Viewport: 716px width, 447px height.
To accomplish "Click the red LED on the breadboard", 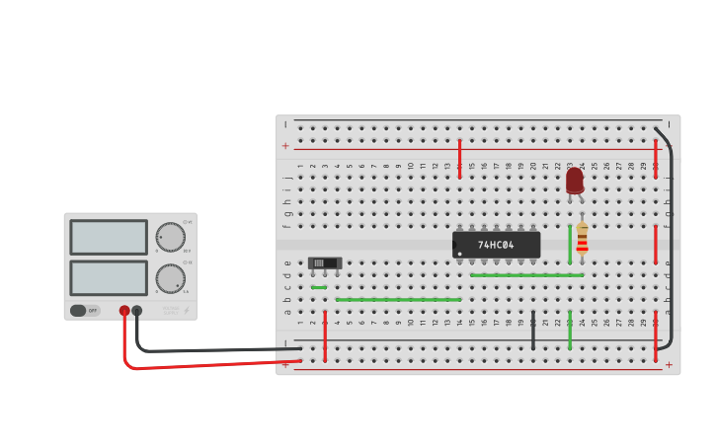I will coord(575,181).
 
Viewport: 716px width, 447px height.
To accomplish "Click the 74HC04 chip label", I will coord(496,245).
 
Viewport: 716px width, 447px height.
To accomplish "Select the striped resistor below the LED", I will coord(582,238).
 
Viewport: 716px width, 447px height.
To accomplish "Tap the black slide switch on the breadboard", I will coord(324,263).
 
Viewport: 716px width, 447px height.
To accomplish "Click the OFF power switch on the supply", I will coord(85,310).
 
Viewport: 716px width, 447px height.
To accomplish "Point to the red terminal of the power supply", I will coord(124,311).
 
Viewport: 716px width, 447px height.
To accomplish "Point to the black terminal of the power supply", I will coord(136,311).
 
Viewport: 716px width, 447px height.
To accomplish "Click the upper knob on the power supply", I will coord(170,237).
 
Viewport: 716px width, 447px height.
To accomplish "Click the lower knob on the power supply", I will coord(170,278).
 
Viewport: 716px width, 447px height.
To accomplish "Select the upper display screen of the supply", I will coord(109,237).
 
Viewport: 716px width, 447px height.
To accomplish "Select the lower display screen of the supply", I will coord(109,277).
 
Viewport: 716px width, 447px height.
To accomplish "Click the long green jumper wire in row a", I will coord(398,299).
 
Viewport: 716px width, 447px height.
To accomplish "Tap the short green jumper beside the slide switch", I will coord(319,287).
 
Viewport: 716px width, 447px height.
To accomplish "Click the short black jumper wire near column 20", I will coord(533,331).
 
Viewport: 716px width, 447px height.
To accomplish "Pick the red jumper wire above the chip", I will coord(459,158).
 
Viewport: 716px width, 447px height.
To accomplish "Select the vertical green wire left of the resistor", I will coord(570,244).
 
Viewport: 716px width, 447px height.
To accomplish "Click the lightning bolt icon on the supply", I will coord(186,310).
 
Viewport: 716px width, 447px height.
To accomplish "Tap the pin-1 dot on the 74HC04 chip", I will coord(459,254).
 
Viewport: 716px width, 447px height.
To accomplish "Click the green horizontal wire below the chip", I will coord(526,275).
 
